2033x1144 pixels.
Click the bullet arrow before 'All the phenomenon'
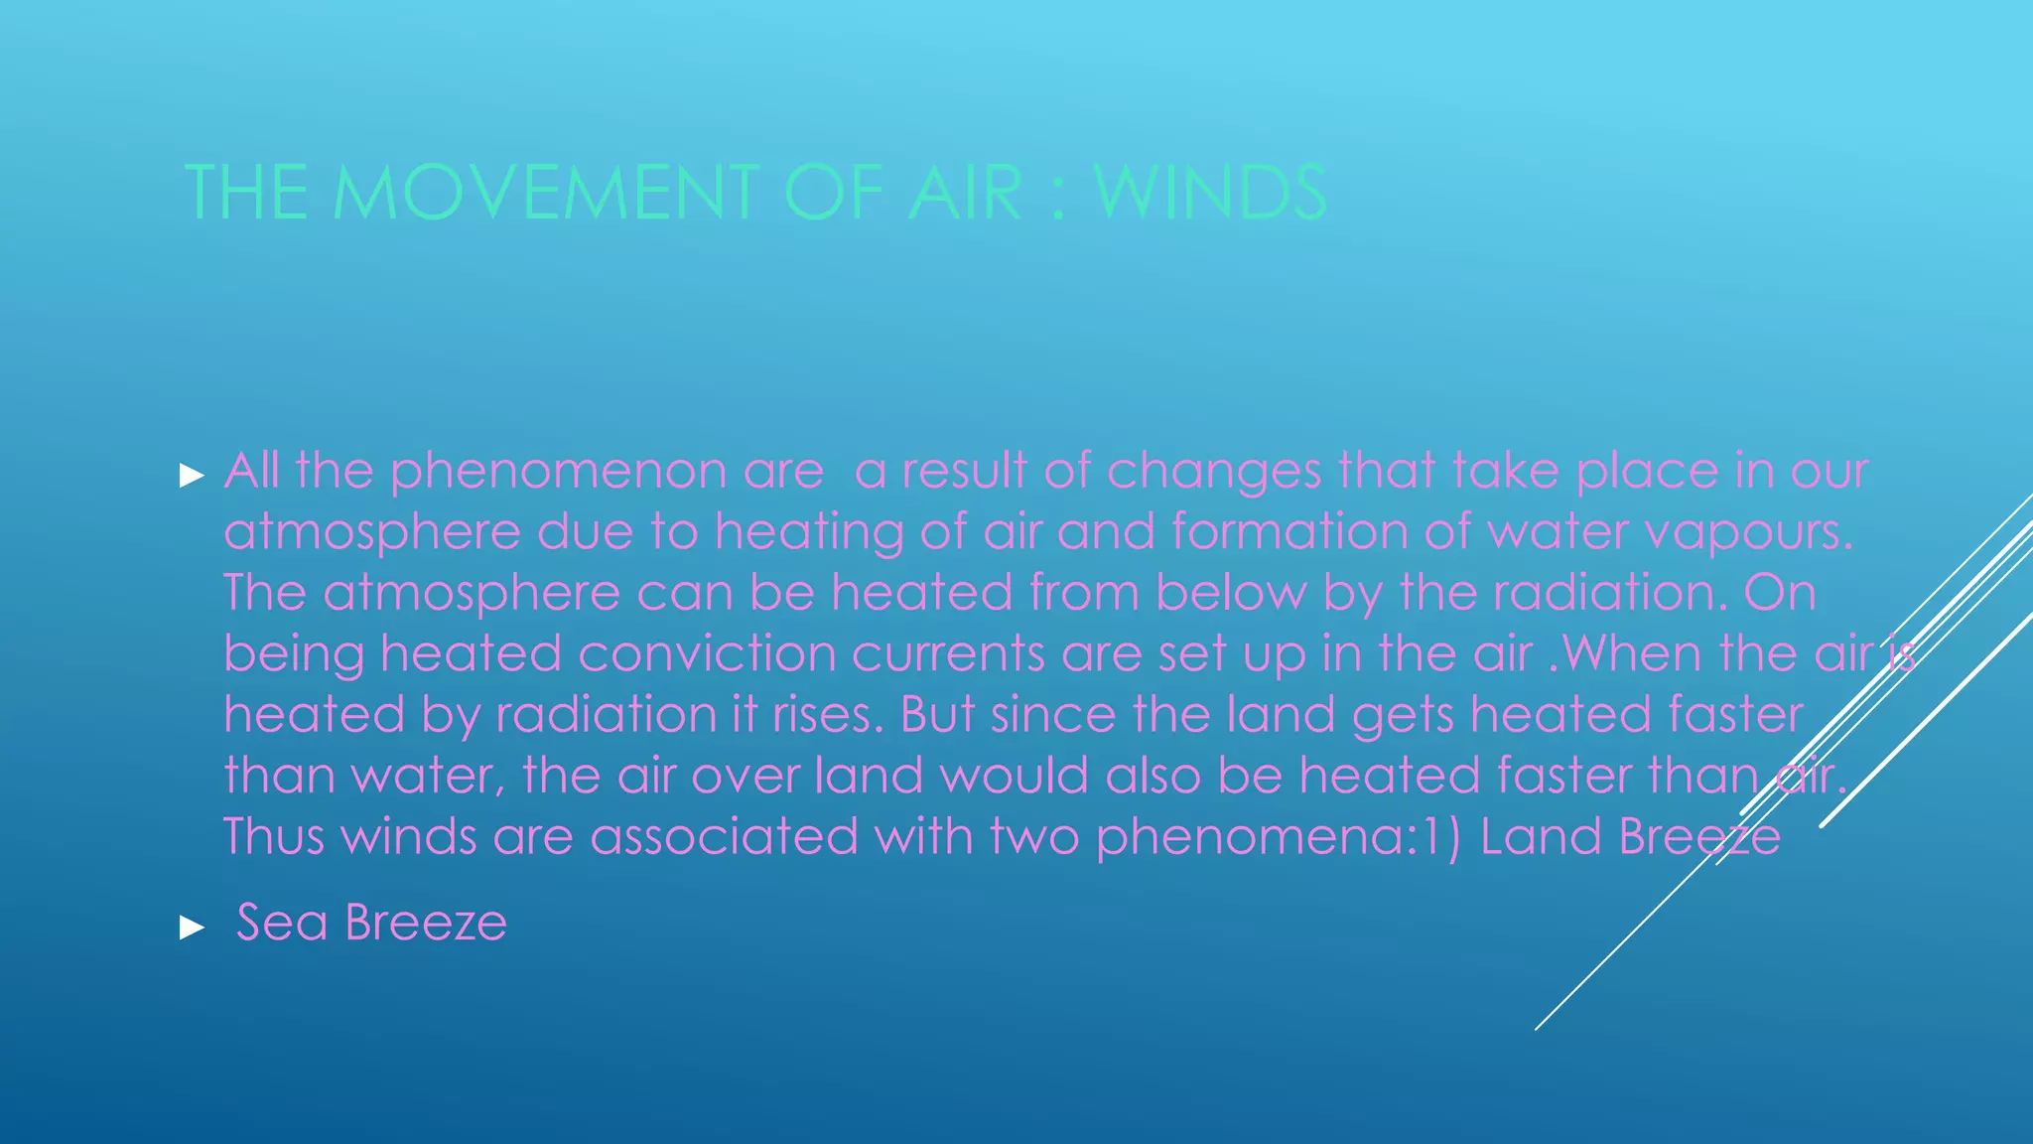tap(192, 476)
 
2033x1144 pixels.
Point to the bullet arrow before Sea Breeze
tap(192, 929)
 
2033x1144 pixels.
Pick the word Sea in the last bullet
tap(282, 923)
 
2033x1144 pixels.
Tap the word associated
tap(724, 837)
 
